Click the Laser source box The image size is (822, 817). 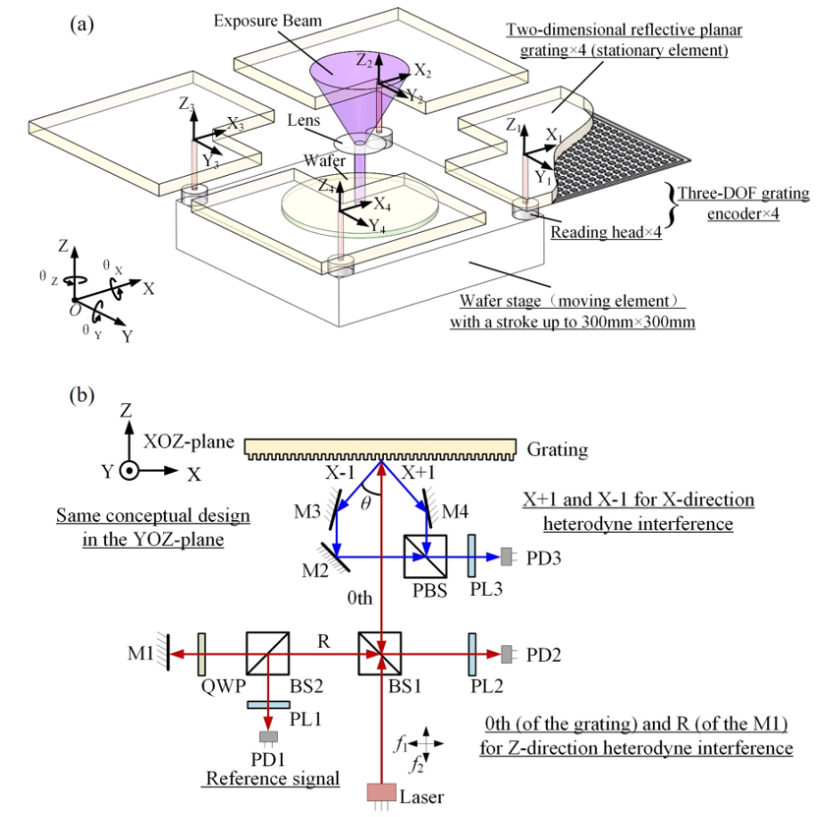[382, 792]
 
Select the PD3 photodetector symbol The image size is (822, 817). [507, 556]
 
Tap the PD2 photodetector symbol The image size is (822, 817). [507, 654]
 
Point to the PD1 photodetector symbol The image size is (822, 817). [269, 736]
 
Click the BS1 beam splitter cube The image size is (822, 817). [380, 653]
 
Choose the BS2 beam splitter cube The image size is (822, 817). [268, 653]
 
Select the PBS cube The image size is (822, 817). [425, 556]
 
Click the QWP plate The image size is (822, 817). [202, 654]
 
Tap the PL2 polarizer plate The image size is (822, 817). [472, 654]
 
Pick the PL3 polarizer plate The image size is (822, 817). [471, 556]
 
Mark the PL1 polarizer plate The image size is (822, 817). [268, 705]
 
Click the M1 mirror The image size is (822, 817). [166, 653]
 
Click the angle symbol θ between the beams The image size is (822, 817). [366, 503]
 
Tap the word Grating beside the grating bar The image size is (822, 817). [557, 449]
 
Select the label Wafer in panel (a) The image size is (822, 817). [324, 160]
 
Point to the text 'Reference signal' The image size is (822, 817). [273, 778]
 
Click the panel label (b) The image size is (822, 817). [82, 394]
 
